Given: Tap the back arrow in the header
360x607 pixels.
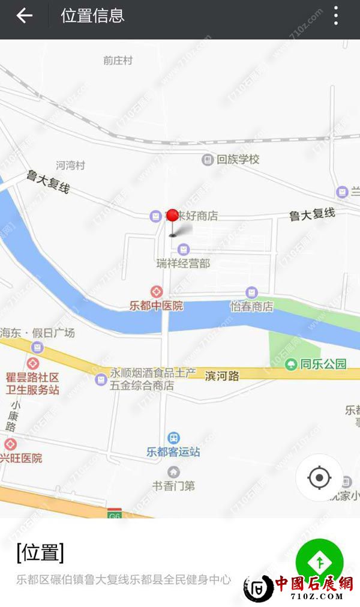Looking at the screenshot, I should (x=24, y=16).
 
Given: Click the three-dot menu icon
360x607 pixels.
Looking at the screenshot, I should (x=336, y=16).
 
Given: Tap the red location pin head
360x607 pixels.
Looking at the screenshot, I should (x=173, y=215).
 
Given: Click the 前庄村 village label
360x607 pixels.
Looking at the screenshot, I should (x=118, y=61).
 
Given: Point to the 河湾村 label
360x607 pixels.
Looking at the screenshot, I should (x=71, y=165).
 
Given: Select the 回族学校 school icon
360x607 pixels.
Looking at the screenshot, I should (x=207, y=160).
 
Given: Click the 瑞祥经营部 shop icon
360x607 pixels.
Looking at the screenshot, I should (x=183, y=249).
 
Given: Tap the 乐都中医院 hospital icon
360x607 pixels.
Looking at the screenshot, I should (x=156, y=292).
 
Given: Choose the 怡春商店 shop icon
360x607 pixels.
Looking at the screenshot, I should (x=252, y=292).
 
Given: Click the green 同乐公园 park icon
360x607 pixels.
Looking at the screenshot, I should (x=291, y=364).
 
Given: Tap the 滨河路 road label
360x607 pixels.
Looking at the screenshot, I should (x=222, y=376).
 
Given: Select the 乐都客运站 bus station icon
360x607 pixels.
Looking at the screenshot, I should (x=173, y=438).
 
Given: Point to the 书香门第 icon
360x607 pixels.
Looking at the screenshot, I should (x=173, y=472).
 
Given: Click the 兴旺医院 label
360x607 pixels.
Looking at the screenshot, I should (x=22, y=458).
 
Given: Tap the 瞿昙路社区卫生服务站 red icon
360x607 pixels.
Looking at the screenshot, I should (x=32, y=363).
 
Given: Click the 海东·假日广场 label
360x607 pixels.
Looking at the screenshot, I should (x=37, y=333).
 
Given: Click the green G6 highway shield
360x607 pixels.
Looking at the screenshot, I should (x=114, y=515).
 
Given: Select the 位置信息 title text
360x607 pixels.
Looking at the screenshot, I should (x=92, y=16).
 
